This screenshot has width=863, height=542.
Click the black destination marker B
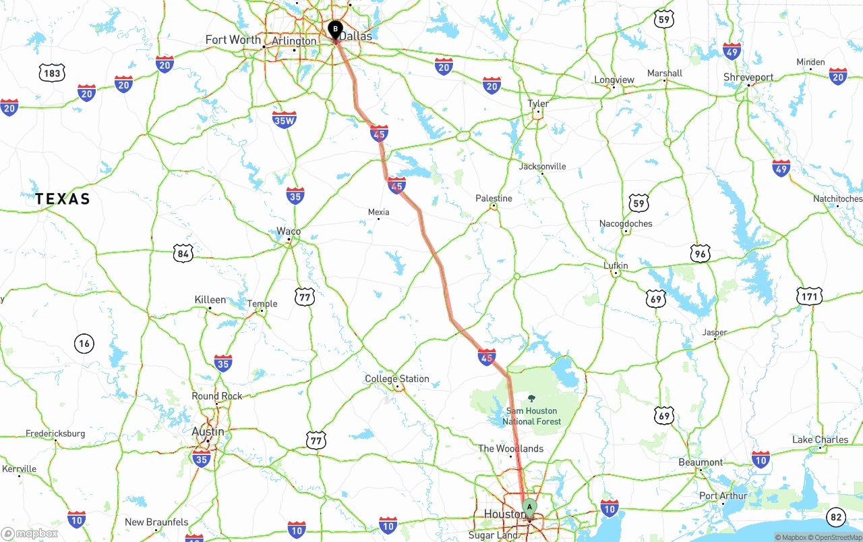335,30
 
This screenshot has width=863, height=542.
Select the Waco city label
289,231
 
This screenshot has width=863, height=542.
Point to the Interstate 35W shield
285,119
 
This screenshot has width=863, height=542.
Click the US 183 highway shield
52,73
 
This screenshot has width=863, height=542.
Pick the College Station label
396,379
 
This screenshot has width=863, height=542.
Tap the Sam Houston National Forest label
531,416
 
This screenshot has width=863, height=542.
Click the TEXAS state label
63,198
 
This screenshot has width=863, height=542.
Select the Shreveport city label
748,78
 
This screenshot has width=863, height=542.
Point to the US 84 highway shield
183,254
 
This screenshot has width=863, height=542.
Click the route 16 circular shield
84,344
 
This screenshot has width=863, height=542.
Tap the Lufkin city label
616,265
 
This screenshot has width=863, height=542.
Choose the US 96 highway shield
701,253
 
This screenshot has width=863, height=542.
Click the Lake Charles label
820,439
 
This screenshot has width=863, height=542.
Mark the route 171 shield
809,296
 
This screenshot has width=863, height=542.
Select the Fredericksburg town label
55,433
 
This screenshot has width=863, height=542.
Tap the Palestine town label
494,198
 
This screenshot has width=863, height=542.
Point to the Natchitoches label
837,199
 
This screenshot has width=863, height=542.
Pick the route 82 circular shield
835,517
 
